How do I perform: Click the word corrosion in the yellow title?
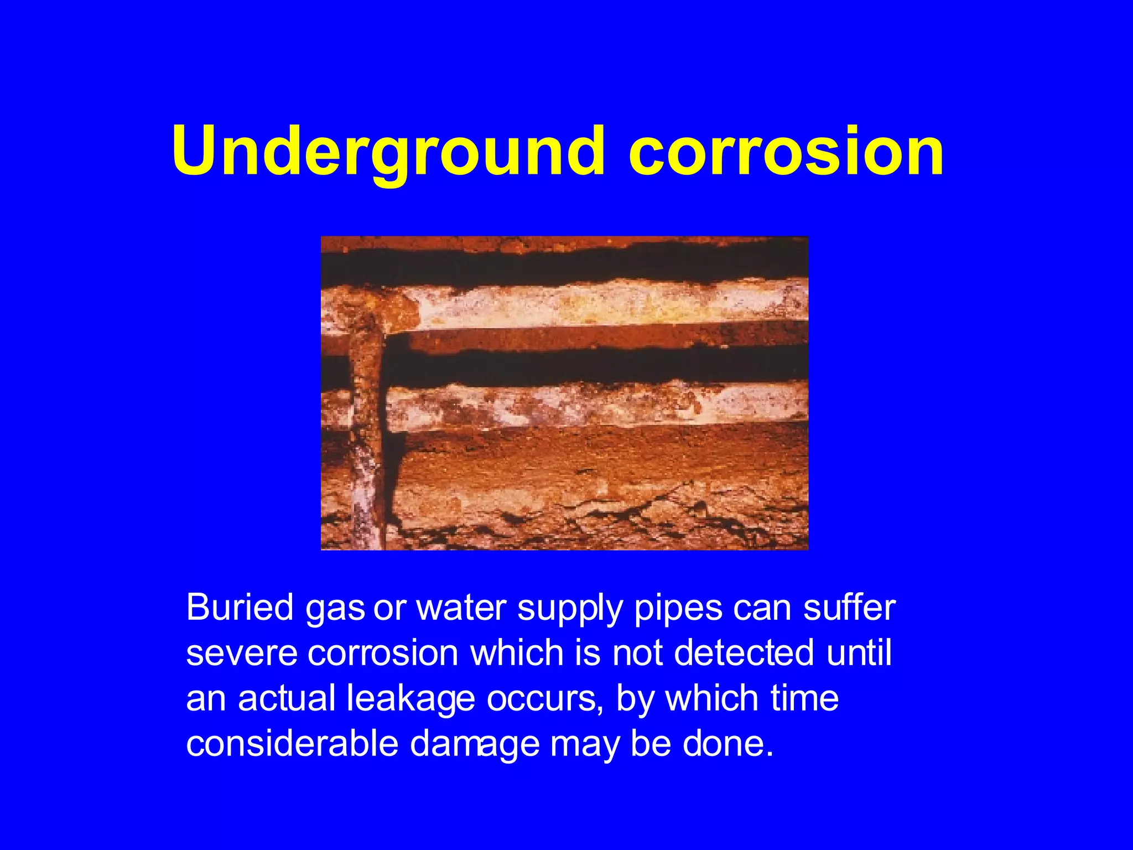pos(786,152)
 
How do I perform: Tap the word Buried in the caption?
pos(240,608)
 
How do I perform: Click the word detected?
pos(744,653)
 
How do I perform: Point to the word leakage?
pos(410,699)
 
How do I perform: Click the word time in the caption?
pos(804,698)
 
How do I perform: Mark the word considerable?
pos(292,743)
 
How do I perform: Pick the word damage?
pos(475,744)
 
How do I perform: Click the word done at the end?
pos(727,743)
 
